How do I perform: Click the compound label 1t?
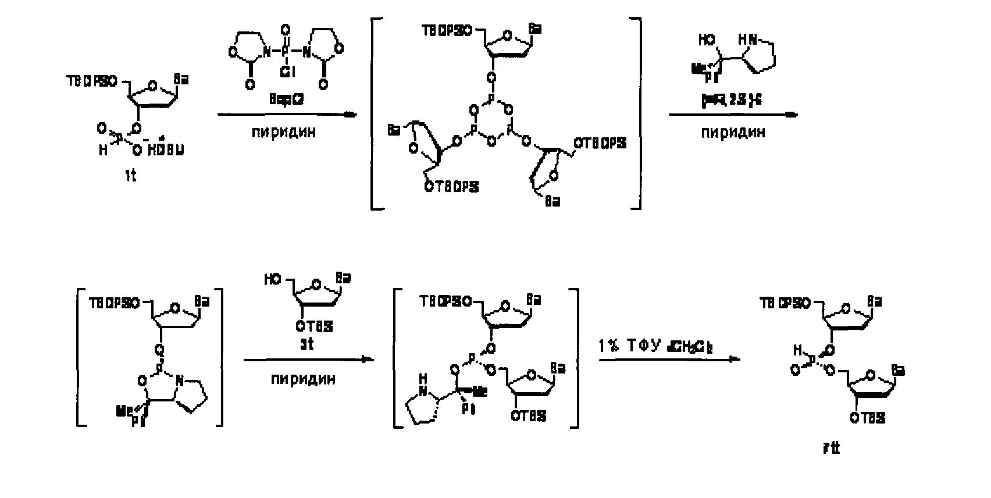pyautogui.click(x=130, y=175)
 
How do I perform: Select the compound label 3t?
pyautogui.click(x=306, y=344)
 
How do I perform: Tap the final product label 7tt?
pyautogui.click(x=832, y=448)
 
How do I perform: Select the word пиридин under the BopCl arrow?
pyautogui.click(x=284, y=132)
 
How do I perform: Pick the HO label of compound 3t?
pyautogui.click(x=273, y=279)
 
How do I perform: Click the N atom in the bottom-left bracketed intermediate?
pyautogui.click(x=180, y=381)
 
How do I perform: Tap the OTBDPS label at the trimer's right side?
pyautogui.click(x=600, y=143)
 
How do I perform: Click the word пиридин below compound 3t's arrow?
pyautogui.click(x=303, y=379)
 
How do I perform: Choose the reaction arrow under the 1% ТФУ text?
pyautogui.click(x=669, y=359)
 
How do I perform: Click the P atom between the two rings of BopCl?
pyautogui.click(x=285, y=51)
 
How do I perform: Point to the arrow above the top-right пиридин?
pyautogui.click(x=733, y=115)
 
